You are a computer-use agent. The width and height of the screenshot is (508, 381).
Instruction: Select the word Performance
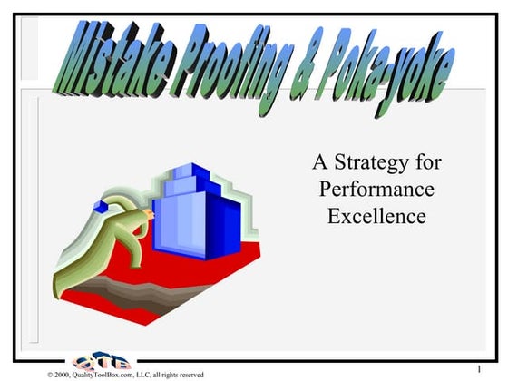coord(376,190)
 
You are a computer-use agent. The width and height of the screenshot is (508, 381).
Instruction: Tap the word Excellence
coord(376,217)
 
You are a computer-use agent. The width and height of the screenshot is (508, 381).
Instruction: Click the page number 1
coord(477,367)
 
